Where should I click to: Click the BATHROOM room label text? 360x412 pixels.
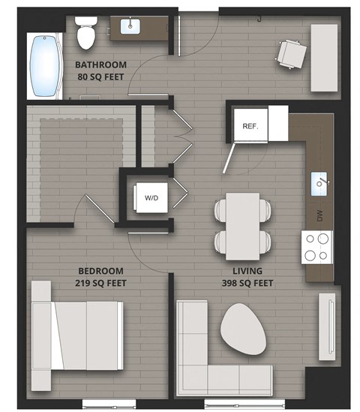pos(102,65)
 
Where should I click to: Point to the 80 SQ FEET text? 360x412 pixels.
pos(102,76)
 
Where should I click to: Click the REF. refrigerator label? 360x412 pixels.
pos(250,126)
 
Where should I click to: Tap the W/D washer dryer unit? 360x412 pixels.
pos(151,198)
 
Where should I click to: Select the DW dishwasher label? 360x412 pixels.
pos(319,216)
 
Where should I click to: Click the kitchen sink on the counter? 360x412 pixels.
pos(320,182)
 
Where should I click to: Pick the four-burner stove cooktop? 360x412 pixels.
pos(317,246)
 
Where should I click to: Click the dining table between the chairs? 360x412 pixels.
pos(242,222)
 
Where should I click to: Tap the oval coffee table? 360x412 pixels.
pos(243,329)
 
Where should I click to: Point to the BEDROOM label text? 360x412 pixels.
pos(100,271)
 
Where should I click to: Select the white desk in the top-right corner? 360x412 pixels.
pos(325,56)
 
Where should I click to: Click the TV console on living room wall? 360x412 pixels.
pos(327,323)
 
